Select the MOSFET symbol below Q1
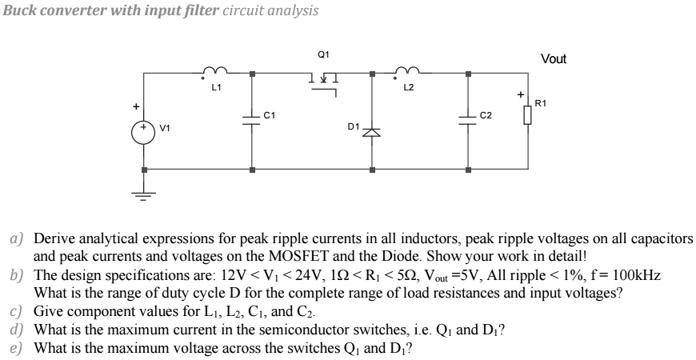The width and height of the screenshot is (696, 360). click(324, 80)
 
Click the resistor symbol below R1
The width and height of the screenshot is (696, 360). click(527, 118)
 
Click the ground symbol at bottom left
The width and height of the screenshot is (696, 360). click(145, 196)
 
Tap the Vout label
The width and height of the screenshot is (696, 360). click(553, 60)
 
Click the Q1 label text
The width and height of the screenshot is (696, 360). click(323, 54)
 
